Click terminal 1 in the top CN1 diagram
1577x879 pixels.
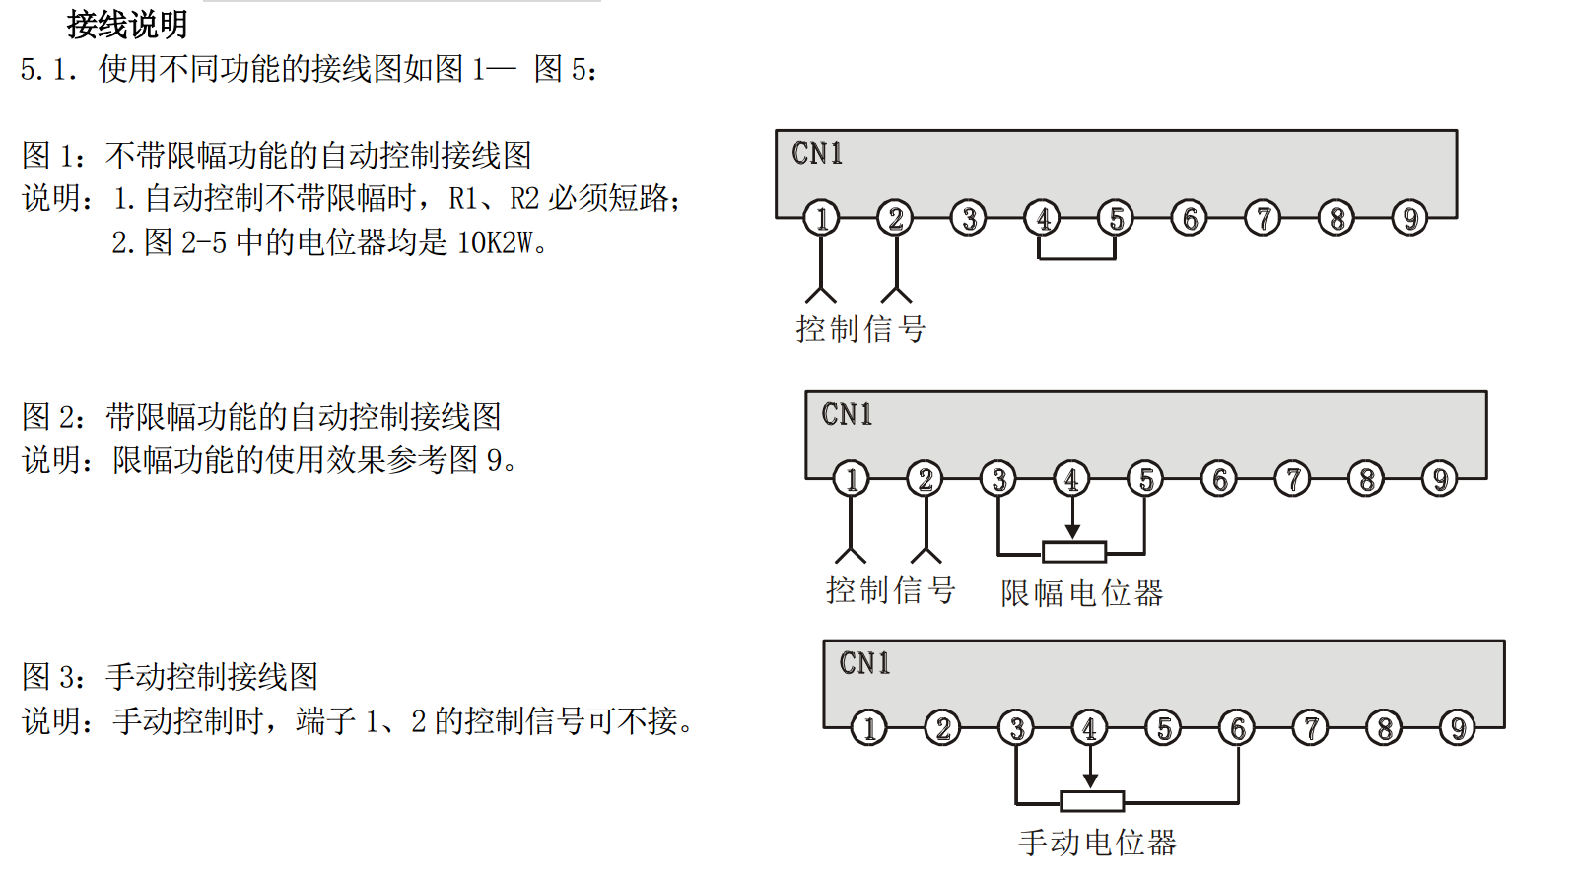(821, 218)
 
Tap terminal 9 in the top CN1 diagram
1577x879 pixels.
(1410, 218)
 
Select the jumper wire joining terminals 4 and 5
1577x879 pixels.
(1076, 258)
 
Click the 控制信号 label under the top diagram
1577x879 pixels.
(860, 329)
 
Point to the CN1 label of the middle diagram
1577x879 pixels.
(847, 415)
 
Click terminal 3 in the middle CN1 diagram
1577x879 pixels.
(998, 479)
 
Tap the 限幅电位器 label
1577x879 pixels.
(1081, 592)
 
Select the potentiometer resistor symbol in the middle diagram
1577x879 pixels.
(1073, 552)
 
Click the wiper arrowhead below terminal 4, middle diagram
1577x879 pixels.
(1072, 532)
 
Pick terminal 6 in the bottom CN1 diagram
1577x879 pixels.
(1237, 728)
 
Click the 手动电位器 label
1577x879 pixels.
(1097, 843)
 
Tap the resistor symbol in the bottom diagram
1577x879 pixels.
(1091, 801)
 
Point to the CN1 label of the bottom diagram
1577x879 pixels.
(864, 663)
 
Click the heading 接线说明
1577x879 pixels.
(127, 24)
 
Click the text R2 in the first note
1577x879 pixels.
(524, 198)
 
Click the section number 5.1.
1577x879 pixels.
(48, 69)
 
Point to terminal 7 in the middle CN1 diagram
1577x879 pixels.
(1292, 479)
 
